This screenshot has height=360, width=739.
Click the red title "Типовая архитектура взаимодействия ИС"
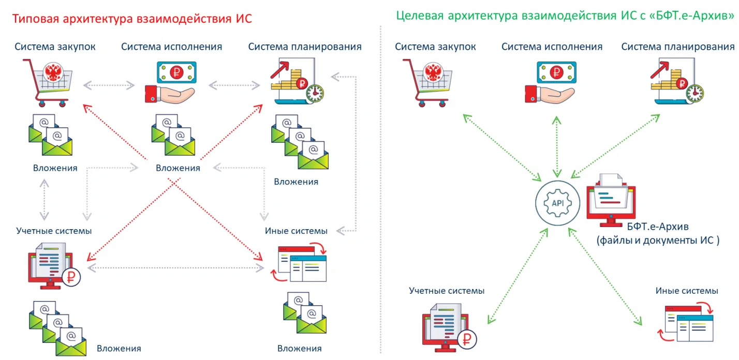(132, 19)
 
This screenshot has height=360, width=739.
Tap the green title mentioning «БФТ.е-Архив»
(565, 16)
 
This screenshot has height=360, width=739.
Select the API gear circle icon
(557, 203)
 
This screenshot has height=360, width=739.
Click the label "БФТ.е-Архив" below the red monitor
(658, 227)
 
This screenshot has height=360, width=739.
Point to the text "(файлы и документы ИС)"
(658, 241)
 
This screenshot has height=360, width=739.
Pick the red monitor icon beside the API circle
(611, 201)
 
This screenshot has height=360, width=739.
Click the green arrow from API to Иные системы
(605, 277)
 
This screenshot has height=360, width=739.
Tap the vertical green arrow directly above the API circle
(557, 147)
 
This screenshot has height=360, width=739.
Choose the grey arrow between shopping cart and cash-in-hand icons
(109, 85)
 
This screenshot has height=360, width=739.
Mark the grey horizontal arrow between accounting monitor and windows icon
(176, 268)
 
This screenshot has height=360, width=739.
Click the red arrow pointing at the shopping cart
(115, 132)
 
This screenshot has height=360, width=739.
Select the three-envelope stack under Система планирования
(300, 142)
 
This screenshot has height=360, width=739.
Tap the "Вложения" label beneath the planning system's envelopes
(296, 182)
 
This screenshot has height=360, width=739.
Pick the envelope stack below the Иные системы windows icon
(305, 312)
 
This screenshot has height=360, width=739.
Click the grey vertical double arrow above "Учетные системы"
(44, 200)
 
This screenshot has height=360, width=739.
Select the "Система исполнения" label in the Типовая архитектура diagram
(172, 47)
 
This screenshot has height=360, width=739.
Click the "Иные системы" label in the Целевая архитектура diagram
(687, 291)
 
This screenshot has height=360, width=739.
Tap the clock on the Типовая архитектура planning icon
(315, 93)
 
